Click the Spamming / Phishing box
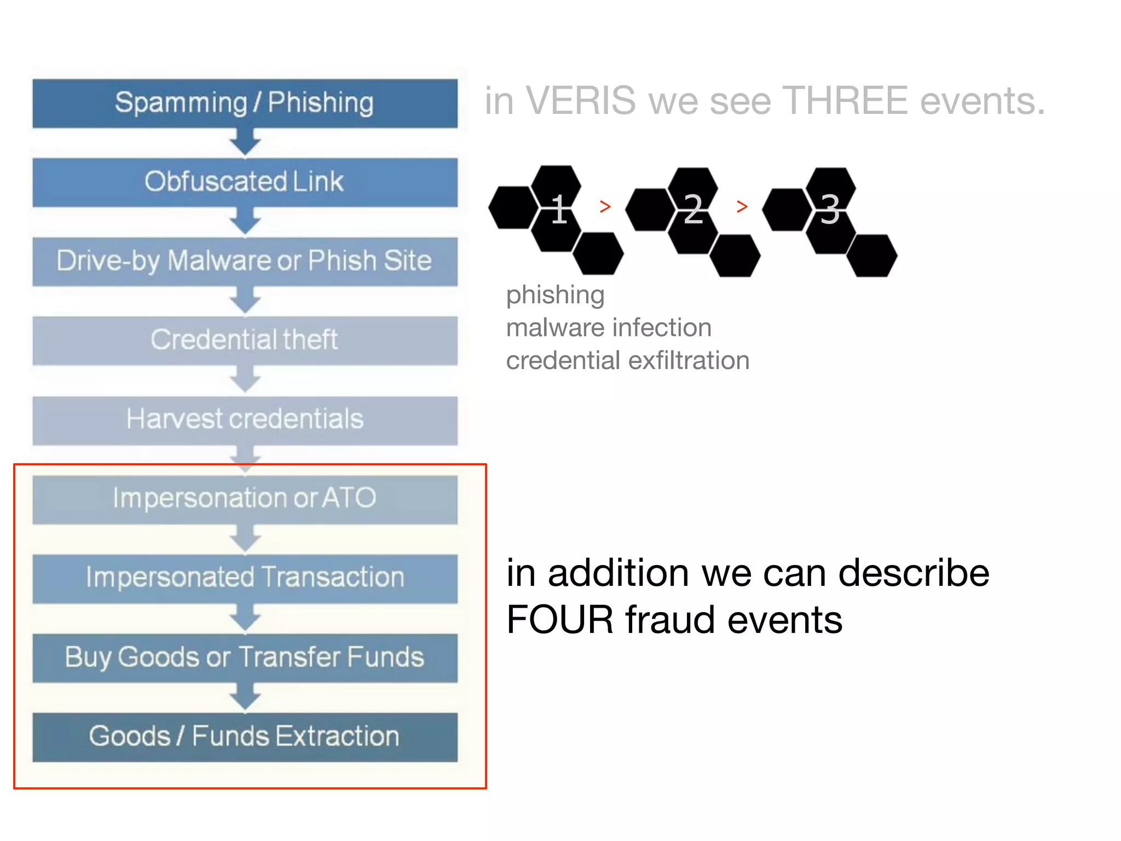[x=245, y=103]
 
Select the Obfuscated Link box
[x=245, y=182]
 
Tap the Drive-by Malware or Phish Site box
[x=245, y=261]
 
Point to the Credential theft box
[x=245, y=340]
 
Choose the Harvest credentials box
[x=245, y=419]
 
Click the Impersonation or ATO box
[x=245, y=499]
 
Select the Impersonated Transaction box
[x=245, y=578]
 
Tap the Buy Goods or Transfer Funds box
[x=245, y=657]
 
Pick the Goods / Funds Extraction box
[x=245, y=736]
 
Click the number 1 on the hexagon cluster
[x=559, y=209]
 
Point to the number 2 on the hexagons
[x=694, y=209]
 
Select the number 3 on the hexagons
[x=830, y=209]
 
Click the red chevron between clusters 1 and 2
[x=605, y=206]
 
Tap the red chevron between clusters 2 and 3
[x=742, y=206]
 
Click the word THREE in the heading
[x=846, y=101]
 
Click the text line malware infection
[x=609, y=327]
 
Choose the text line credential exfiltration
[x=627, y=360]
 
